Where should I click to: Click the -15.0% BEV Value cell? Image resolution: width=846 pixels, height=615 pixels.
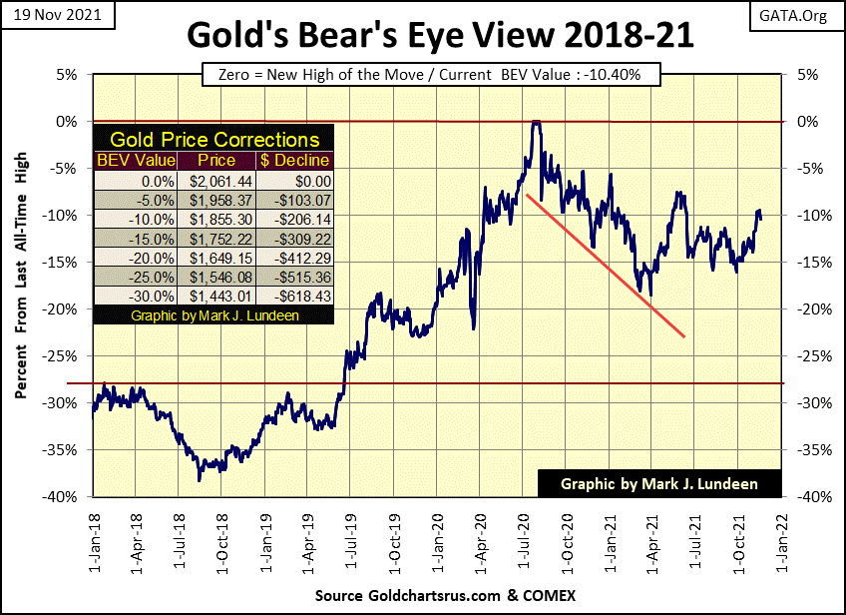click(136, 238)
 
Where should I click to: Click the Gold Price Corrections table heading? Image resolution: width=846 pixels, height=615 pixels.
click(214, 140)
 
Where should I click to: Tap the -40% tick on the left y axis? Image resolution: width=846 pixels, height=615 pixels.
click(67, 496)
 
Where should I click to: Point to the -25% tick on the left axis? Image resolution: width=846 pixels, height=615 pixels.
click(67, 355)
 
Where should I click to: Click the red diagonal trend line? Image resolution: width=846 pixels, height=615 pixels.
click(606, 266)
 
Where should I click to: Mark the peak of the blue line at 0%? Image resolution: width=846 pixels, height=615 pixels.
click(536, 122)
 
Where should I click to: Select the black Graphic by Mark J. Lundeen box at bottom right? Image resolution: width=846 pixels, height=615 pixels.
click(659, 483)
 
